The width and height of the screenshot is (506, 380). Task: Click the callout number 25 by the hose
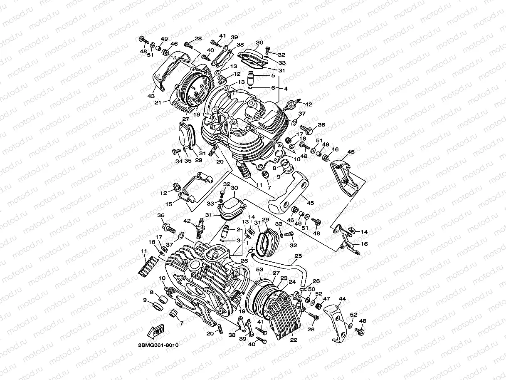(x=298, y=256)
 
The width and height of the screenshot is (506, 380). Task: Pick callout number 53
(x=260, y=270)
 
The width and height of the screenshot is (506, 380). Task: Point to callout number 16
(x=364, y=244)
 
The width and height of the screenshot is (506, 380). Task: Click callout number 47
(x=327, y=298)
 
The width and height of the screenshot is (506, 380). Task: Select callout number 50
(x=312, y=289)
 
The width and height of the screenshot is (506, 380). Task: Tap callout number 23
(x=284, y=278)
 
